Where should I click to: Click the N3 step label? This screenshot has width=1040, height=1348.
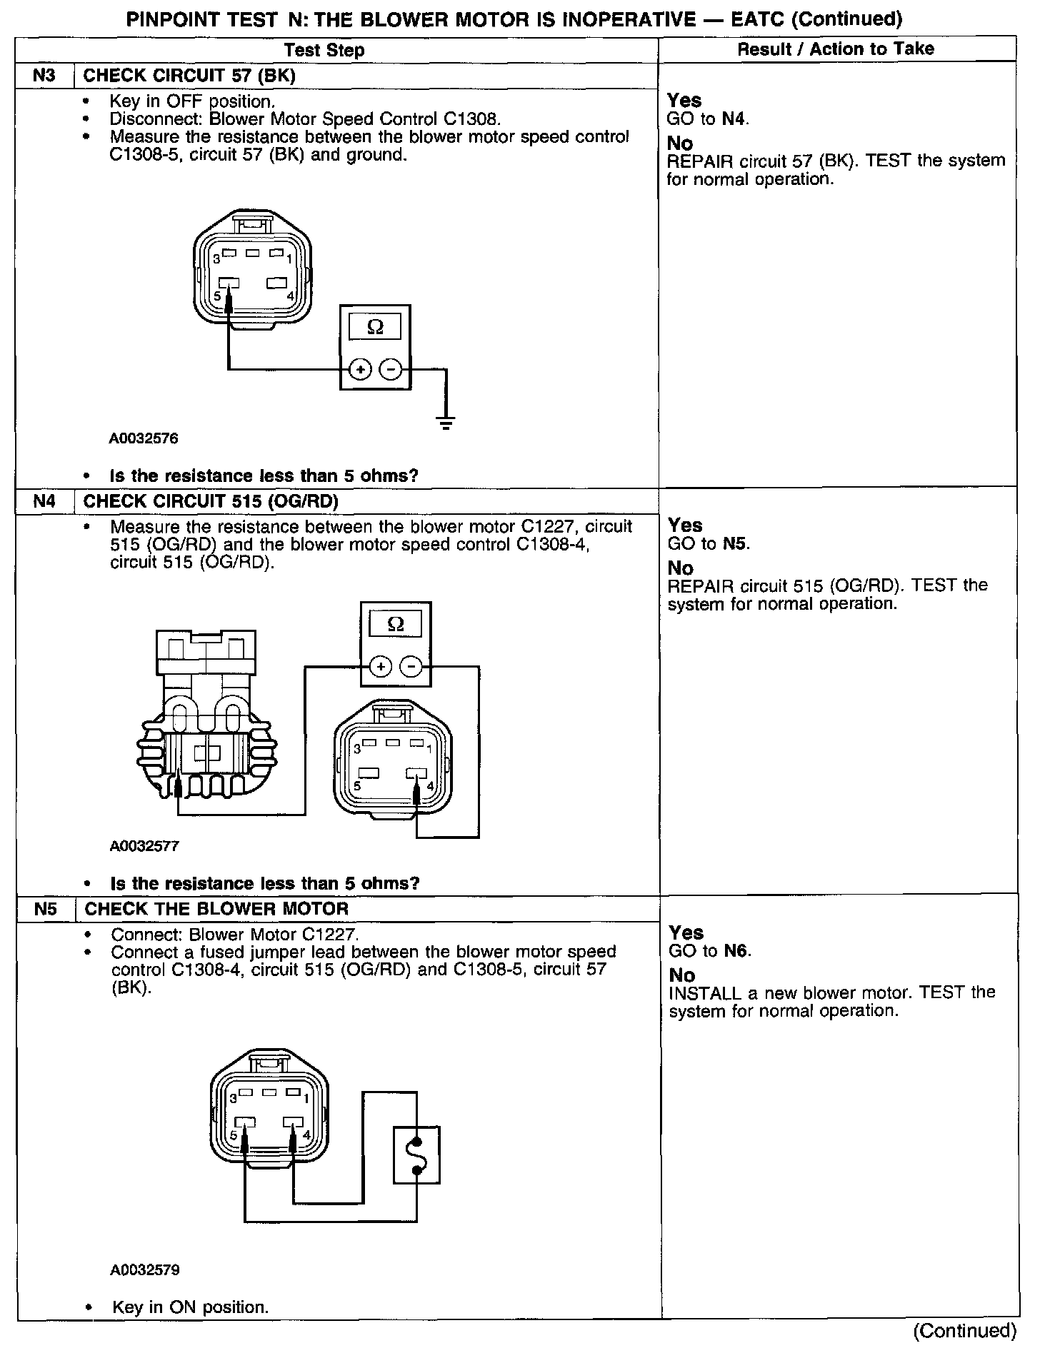point(44,75)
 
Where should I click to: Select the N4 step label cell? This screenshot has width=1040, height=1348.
point(44,501)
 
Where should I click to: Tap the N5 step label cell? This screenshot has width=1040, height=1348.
point(45,909)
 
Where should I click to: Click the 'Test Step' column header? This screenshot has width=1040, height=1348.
point(324,50)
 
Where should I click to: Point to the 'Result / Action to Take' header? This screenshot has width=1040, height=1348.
point(835,49)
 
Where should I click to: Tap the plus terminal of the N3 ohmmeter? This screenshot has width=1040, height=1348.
point(360,369)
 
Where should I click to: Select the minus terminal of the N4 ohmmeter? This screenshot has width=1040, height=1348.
point(410,667)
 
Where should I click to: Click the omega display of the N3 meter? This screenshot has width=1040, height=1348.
point(374,327)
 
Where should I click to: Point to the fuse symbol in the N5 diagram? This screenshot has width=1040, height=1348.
point(416,1155)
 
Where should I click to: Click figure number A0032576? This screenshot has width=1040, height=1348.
point(144,438)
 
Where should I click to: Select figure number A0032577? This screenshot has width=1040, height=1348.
point(144,846)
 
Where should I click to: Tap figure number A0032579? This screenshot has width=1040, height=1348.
point(145,1269)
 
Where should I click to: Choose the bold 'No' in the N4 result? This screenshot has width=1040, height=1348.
point(680,568)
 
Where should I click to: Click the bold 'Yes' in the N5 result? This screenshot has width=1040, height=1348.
point(686,932)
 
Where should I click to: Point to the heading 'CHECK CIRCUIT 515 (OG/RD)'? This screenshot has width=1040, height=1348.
point(211,501)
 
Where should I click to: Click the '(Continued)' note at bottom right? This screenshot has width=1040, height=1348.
point(964,1331)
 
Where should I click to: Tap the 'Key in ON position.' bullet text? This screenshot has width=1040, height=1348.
point(190,1307)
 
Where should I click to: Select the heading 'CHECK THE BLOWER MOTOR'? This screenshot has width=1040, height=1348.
point(216,909)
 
